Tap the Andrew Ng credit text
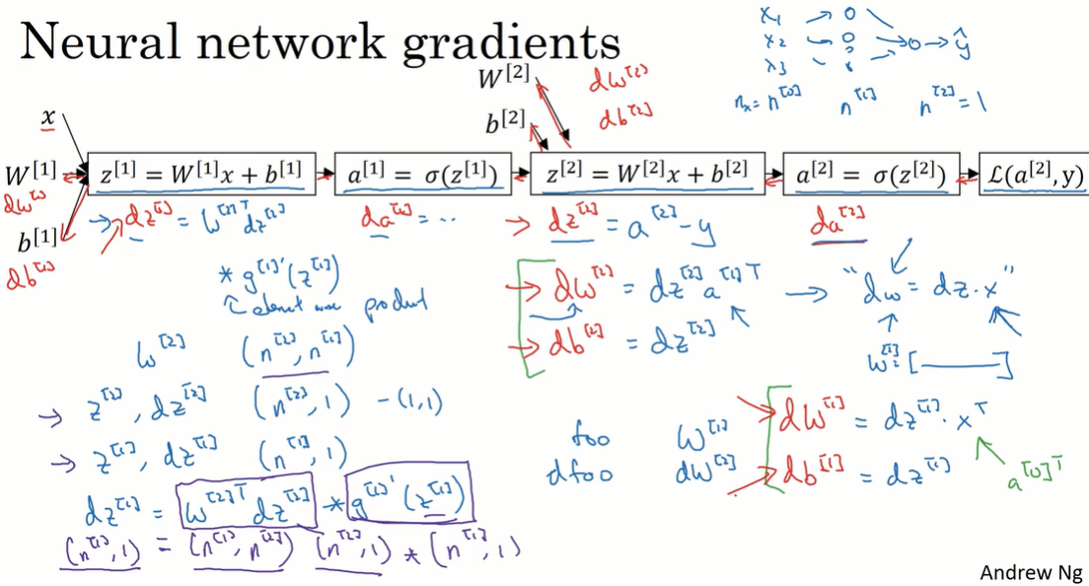point(1030,572)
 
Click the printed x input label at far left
point(48,119)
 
